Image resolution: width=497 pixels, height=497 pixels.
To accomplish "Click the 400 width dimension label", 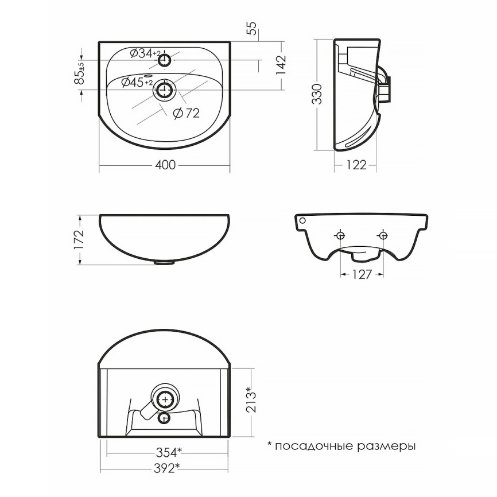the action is click(165, 165).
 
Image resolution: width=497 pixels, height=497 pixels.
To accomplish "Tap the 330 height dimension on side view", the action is click(317, 94).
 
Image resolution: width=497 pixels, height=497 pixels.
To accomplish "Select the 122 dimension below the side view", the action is click(356, 165).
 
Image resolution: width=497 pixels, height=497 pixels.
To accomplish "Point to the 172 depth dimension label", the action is click(79, 239).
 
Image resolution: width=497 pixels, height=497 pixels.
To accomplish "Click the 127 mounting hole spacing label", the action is click(362, 274).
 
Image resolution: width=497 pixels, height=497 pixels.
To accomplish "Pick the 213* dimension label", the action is click(251, 399).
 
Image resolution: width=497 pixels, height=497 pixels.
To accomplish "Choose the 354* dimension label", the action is click(169, 452).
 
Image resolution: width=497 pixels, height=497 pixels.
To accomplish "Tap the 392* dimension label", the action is click(167, 468).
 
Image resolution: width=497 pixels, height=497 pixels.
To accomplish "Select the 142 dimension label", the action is click(281, 65).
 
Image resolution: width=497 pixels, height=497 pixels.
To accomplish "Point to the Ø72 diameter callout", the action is click(187, 113).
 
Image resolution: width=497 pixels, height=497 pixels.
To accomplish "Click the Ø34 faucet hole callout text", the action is click(145, 53).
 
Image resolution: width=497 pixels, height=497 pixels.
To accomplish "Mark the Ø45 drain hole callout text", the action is click(137, 83).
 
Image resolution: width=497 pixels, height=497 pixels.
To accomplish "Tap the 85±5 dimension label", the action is click(80, 73).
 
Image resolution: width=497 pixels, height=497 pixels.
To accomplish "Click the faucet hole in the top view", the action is click(164, 60).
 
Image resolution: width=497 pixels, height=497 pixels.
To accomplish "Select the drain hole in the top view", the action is click(164, 90).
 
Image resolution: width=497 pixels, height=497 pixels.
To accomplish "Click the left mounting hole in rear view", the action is click(340, 235).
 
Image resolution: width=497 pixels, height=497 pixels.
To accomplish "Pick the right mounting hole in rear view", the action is click(383, 235).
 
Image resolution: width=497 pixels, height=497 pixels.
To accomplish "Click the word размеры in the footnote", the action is click(386, 446).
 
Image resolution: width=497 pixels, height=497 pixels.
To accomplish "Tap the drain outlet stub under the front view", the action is click(164, 262).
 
